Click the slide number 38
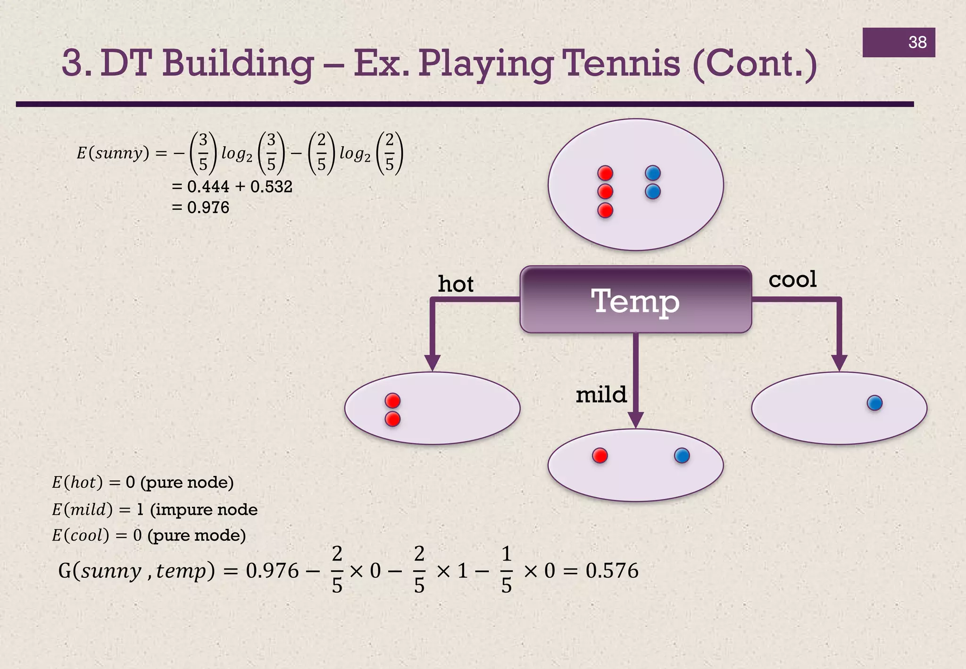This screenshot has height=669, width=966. click(x=917, y=42)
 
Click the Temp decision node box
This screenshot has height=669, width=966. click(x=635, y=300)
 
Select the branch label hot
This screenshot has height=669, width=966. click(x=455, y=284)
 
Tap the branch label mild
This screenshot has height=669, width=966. click(x=601, y=394)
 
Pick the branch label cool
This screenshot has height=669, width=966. click(x=792, y=279)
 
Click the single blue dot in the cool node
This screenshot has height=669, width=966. click(x=874, y=403)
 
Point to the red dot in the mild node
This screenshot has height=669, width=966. click(x=600, y=456)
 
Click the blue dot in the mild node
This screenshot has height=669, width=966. click(x=682, y=456)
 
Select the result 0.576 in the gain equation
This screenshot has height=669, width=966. click(x=612, y=571)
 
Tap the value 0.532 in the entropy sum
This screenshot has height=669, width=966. click(x=271, y=187)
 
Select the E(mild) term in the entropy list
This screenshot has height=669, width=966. click(x=82, y=510)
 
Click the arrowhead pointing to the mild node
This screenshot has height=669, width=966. click(x=636, y=419)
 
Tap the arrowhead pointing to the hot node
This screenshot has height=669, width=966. click(x=433, y=362)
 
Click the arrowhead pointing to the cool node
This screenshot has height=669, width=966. click(x=839, y=362)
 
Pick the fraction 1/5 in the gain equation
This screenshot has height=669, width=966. click(x=506, y=570)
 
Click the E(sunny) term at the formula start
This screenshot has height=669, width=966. click(x=113, y=153)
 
